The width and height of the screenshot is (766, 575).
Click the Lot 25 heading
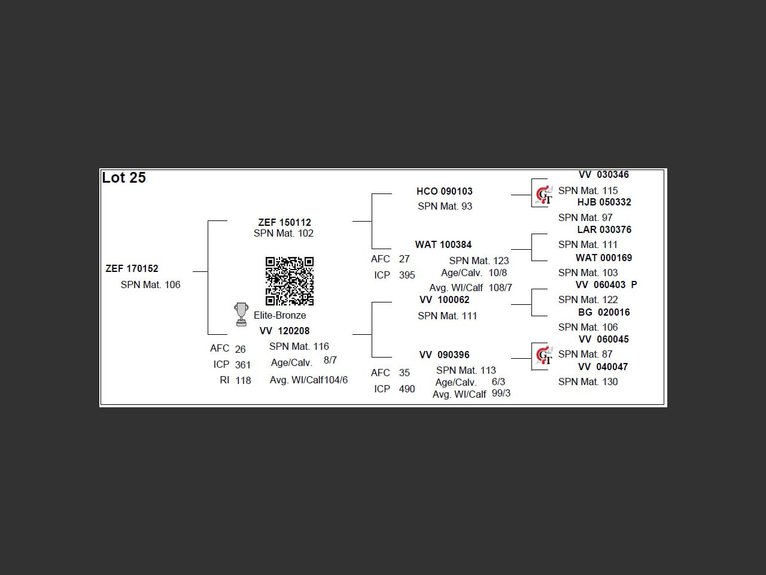tap(124, 178)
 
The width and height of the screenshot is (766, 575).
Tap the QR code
tap(290, 281)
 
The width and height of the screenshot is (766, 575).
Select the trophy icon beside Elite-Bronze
tap(241, 314)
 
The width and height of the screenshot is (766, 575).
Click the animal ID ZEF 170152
tap(132, 268)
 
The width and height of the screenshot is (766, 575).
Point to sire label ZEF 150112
tap(284, 222)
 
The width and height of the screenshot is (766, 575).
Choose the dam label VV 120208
tap(284, 331)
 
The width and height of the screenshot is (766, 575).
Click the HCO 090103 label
tap(445, 191)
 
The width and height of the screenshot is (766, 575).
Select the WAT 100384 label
tap(443, 244)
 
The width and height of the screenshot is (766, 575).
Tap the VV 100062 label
tap(445, 299)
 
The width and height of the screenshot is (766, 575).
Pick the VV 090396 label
tap(445, 355)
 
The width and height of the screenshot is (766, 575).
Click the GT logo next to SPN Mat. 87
tap(544, 356)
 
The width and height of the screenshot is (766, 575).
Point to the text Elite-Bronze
tap(279, 315)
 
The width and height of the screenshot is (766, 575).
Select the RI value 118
tap(243, 380)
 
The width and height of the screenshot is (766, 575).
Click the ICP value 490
tap(407, 389)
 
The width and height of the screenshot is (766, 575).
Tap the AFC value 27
tap(405, 259)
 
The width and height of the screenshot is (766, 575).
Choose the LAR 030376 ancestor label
tap(604, 229)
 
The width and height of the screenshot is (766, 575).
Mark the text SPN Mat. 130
tap(588, 382)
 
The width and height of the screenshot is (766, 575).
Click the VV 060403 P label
tap(606, 285)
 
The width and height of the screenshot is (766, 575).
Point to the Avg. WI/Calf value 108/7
tap(500, 287)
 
